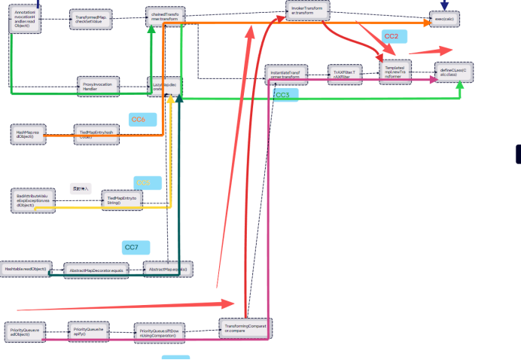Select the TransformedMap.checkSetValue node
point(90,19)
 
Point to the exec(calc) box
point(450,20)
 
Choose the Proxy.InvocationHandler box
point(96,87)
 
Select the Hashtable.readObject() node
point(25,268)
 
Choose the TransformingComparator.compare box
point(245,328)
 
